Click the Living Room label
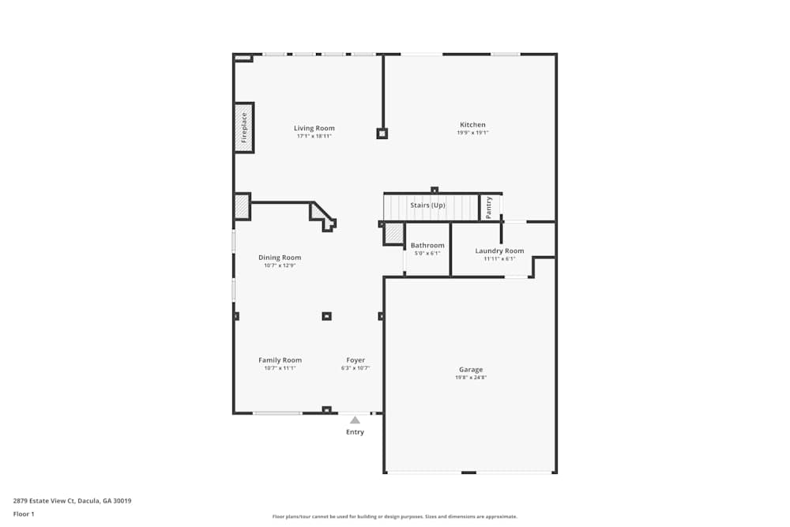point(314,128)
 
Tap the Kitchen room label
point(472,125)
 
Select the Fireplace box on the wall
point(244,127)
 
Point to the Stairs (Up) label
point(427,205)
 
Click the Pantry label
point(489,208)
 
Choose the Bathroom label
point(427,246)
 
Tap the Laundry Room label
point(499,250)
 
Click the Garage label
point(471,369)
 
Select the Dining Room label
point(280,258)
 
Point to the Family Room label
point(280,359)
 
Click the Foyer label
point(355,359)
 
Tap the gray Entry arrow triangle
point(355,420)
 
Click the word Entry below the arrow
point(355,431)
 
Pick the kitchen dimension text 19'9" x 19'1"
point(472,133)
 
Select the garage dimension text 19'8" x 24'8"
point(471,378)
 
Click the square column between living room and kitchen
point(382,134)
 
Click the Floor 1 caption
point(24,514)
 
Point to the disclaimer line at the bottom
point(394,517)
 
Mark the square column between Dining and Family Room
point(326,316)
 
